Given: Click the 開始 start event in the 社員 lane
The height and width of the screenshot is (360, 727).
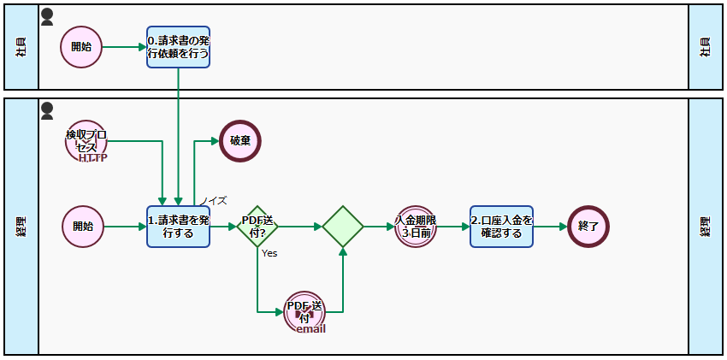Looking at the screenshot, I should (81, 46).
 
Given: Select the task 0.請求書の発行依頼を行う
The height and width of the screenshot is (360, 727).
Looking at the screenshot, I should (178, 46).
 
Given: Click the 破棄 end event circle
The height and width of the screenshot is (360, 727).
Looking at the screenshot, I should (240, 140).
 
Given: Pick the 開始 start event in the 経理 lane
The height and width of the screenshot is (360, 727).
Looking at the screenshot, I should (83, 227).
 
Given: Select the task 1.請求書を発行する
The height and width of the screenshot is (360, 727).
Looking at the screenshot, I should (178, 227).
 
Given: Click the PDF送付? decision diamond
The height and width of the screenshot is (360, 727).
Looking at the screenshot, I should (257, 227).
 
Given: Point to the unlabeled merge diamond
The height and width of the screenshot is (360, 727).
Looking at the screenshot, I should (343, 227).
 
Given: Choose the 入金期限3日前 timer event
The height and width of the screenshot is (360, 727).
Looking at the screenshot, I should (417, 227).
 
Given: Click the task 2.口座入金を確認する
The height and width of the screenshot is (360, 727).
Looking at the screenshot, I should (501, 227).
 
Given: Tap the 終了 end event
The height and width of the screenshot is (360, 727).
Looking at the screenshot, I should (588, 227).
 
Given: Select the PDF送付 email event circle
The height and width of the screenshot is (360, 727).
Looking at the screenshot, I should (305, 312).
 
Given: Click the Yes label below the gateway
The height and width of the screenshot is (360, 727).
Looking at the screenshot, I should (269, 253).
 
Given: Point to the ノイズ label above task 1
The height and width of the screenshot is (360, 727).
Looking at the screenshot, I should (214, 201).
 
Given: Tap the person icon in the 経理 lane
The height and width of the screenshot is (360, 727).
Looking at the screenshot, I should (47, 110).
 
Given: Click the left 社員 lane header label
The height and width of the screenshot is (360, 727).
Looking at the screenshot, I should (21, 47).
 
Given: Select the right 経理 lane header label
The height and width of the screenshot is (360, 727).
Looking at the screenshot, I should (706, 227).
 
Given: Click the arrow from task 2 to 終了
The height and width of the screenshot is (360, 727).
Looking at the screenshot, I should (551, 227).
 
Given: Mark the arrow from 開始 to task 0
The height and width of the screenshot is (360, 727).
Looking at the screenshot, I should (124, 46).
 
